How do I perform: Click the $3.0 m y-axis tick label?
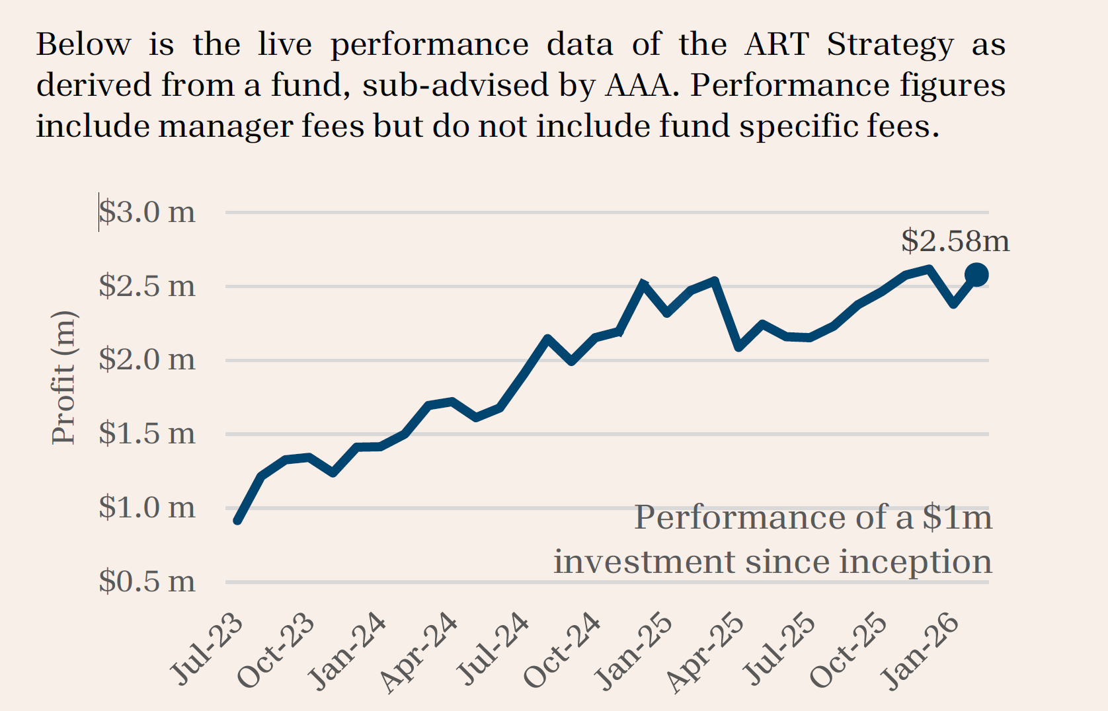point(147,212)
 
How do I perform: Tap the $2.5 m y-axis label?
point(147,286)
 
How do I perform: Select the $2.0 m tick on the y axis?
point(147,360)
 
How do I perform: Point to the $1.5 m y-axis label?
point(147,434)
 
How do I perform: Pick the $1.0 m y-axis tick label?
point(147,508)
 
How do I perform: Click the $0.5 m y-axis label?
point(147,582)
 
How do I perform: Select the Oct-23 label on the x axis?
point(276,651)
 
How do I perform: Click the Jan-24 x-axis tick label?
point(348,651)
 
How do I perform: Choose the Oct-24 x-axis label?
point(563,651)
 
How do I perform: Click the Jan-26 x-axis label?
point(921,651)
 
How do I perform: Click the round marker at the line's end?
point(976,274)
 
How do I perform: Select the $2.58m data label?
point(955,241)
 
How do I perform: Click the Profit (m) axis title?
point(64,377)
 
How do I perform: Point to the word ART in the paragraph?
point(776,45)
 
